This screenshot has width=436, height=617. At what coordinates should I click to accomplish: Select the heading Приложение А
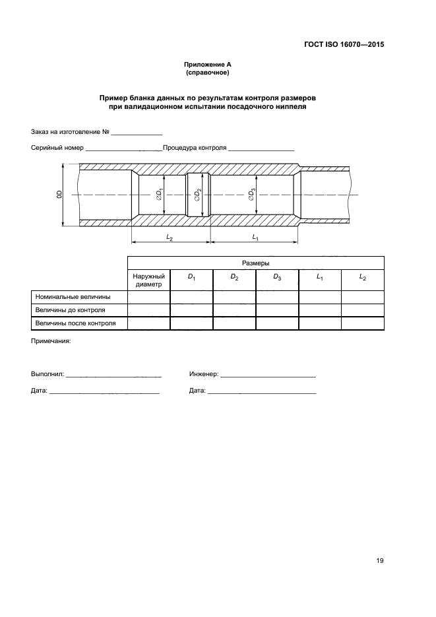pos(207,65)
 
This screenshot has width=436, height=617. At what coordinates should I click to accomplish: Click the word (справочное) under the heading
pos(207,73)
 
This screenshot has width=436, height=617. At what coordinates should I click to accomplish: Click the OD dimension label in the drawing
pos(58,195)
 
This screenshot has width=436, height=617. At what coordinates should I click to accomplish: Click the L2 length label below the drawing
pos(169,237)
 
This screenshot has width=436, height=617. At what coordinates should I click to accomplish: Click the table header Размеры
pos(255,262)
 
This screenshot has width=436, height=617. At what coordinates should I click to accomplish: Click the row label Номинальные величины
pos(73,297)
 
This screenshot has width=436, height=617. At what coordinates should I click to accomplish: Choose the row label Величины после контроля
pos(76,323)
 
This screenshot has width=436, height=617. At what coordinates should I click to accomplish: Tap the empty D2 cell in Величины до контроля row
pos(234,309)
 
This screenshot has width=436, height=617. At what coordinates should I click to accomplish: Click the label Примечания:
pos(51,341)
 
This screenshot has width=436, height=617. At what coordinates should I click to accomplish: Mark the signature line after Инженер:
pos(268,374)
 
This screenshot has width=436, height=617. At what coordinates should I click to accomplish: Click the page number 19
pos(380,561)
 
